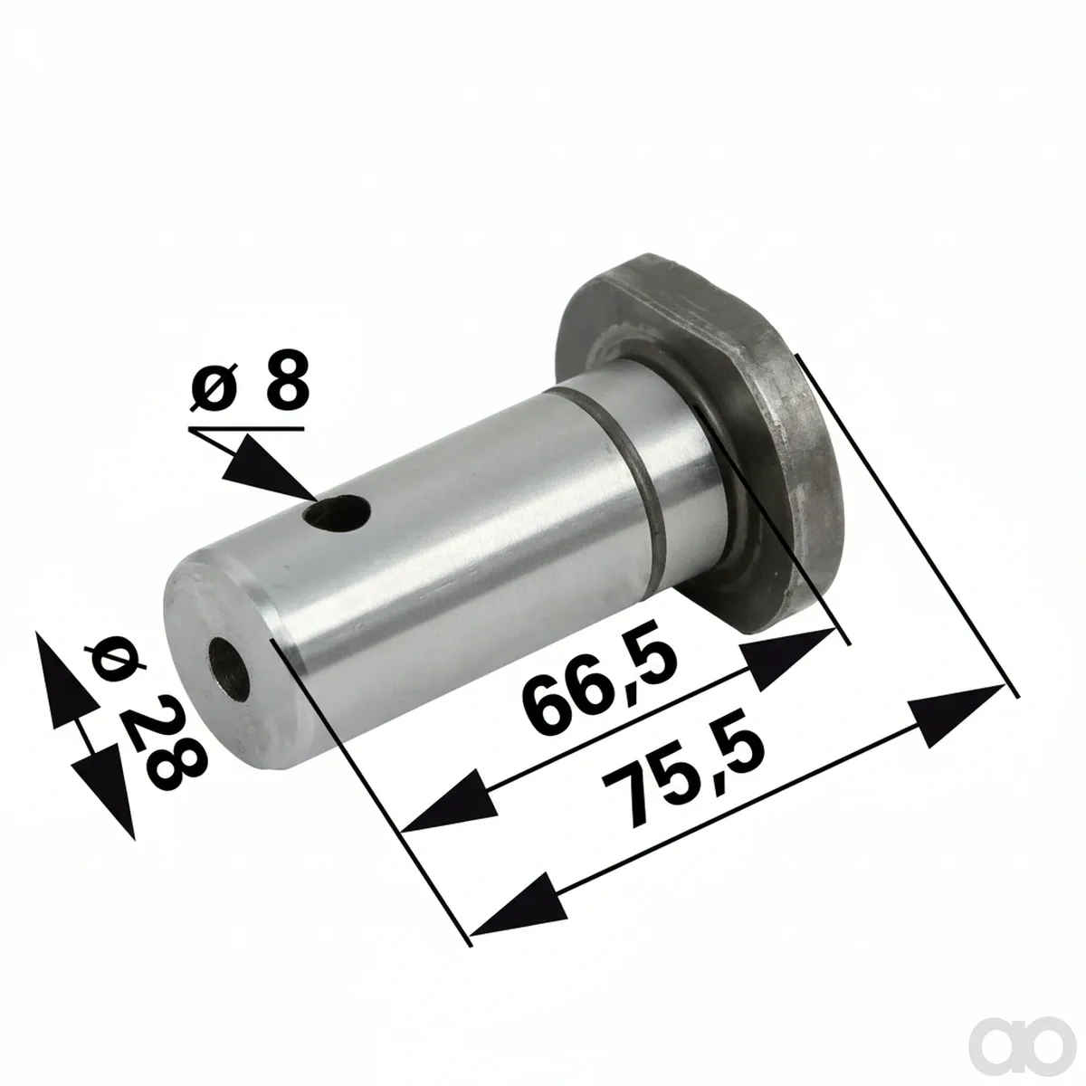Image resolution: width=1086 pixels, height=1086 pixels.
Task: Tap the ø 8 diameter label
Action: click(250, 380)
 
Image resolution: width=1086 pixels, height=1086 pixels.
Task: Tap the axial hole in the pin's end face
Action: click(228, 670)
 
